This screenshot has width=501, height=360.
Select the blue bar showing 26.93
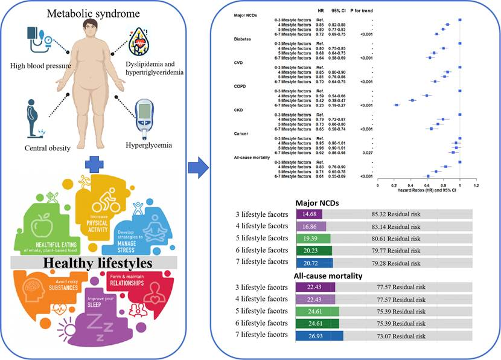[x=319, y=336]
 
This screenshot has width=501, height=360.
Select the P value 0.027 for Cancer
[x=363, y=152]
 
